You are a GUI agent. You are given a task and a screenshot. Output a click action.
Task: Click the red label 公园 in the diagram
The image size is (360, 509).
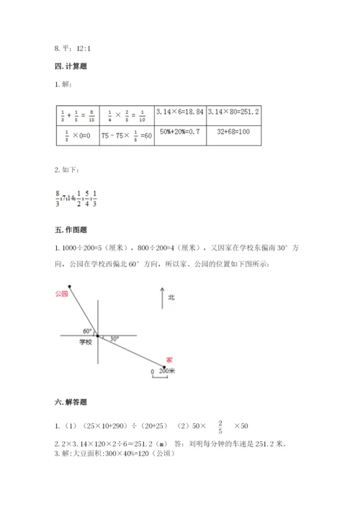(x=61, y=294)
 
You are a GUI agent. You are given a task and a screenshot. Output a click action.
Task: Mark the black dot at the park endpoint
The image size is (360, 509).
(x=70, y=286)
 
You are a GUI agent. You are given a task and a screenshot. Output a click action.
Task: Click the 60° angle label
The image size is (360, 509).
(x=87, y=330)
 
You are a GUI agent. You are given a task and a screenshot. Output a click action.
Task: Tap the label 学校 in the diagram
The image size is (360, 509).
(x=85, y=343)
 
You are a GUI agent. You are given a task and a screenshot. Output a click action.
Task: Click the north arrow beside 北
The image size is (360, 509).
(x=163, y=299)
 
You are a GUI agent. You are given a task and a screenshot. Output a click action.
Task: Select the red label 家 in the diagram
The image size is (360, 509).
(x=168, y=359)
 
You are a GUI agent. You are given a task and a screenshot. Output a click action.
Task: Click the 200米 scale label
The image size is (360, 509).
(x=168, y=371)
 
